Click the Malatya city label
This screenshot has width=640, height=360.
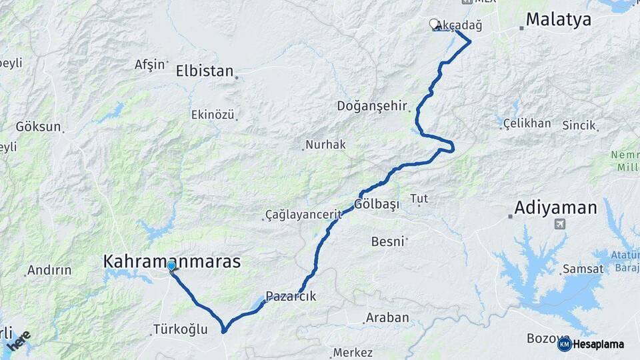pos(558,19)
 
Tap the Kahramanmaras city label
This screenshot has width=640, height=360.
pos(172,261)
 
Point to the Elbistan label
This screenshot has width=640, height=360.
pos(205,71)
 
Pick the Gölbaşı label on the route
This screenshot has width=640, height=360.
pos(377,205)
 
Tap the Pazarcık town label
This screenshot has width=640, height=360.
pos(291,297)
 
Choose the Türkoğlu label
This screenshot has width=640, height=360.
pos(180,329)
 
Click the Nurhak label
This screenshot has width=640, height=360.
pos(325,145)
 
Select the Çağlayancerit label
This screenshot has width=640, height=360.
pos(303,215)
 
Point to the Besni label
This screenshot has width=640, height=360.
pos(387,241)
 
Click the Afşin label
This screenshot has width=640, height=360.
pos(149,65)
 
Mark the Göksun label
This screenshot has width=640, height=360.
pos(38,126)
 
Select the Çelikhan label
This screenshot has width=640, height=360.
pos(527,123)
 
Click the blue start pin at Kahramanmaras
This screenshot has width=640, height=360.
pos(171,267)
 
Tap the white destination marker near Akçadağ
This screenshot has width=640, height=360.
pos(434,24)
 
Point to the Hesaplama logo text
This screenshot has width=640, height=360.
pos(598,345)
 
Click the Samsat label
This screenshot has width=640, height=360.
pos(583,269)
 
